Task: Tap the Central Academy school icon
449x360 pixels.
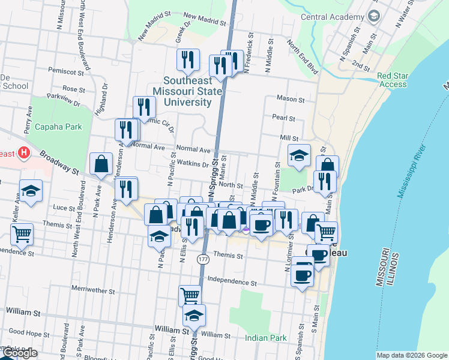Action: point(375,16)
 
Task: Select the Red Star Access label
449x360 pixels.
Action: point(393,80)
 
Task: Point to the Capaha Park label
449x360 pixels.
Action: point(58,127)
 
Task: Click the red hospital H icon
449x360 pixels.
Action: point(23,153)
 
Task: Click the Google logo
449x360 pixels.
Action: point(19,353)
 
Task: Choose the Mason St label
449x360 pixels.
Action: point(291,98)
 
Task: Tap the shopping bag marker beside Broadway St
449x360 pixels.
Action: point(101,163)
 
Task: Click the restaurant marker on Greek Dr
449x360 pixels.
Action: point(188,59)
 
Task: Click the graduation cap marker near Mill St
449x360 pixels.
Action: point(299,156)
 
